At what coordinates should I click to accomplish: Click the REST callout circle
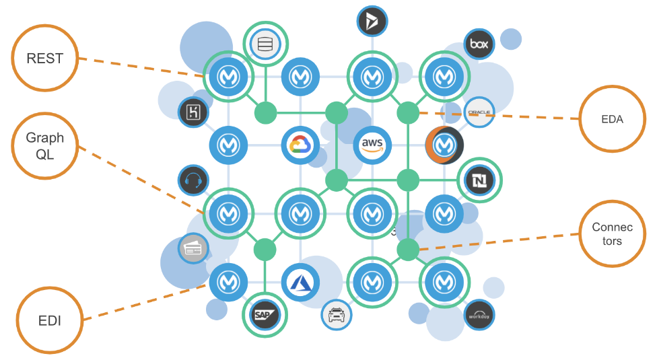(44, 59)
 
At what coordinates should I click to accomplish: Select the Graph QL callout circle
(45, 147)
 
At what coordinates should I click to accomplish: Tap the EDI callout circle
(50, 320)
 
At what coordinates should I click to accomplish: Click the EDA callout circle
(612, 119)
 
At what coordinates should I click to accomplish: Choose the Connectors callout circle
(612, 233)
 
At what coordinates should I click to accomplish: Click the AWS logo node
(372, 145)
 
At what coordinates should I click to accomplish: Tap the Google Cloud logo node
(299, 145)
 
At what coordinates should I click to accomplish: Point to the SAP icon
(263, 314)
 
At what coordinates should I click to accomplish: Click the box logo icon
(479, 44)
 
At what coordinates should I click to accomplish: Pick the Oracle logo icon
(479, 112)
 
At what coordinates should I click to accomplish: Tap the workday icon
(479, 314)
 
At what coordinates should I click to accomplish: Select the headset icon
(193, 180)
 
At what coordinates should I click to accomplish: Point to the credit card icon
(193, 248)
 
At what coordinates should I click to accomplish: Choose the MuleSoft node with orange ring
(444, 144)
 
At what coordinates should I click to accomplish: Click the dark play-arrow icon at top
(372, 22)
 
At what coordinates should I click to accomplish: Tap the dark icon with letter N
(479, 180)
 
